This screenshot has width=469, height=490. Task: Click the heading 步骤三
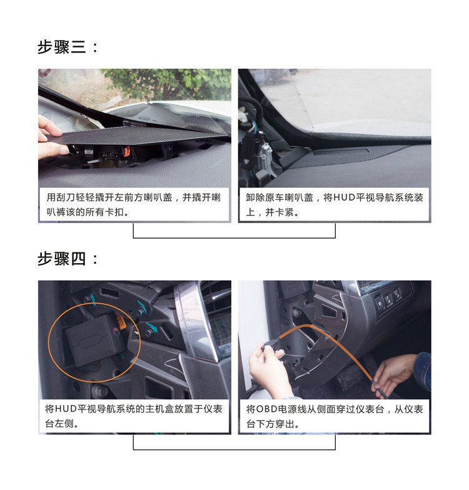tap(61, 47)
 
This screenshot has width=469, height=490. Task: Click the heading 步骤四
tap(61, 259)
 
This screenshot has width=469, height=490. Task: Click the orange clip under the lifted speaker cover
tap(126, 151)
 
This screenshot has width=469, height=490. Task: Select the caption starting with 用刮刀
tap(134, 205)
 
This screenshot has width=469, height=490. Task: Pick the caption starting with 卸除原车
tap(334, 205)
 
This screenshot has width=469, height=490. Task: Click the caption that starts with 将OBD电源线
tap(335, 416)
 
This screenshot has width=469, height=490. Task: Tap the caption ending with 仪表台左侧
tap(134, 416)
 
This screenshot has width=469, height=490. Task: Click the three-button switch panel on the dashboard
tap(388, 299)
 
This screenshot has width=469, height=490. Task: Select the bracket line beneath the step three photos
tap(234, 237)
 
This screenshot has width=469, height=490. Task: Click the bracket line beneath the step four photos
tap(234, 449)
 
